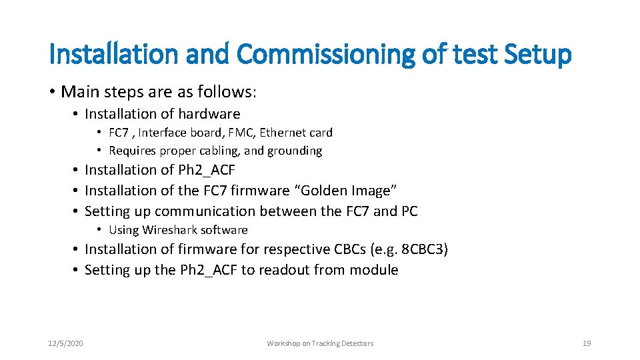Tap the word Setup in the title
537,55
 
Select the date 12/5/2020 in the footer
66,343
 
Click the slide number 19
587,343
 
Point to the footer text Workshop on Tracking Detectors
320,343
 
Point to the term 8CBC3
424,249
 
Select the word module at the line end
376,270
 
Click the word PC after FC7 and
409,211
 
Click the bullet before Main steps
52,91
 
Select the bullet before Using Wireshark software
99,230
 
